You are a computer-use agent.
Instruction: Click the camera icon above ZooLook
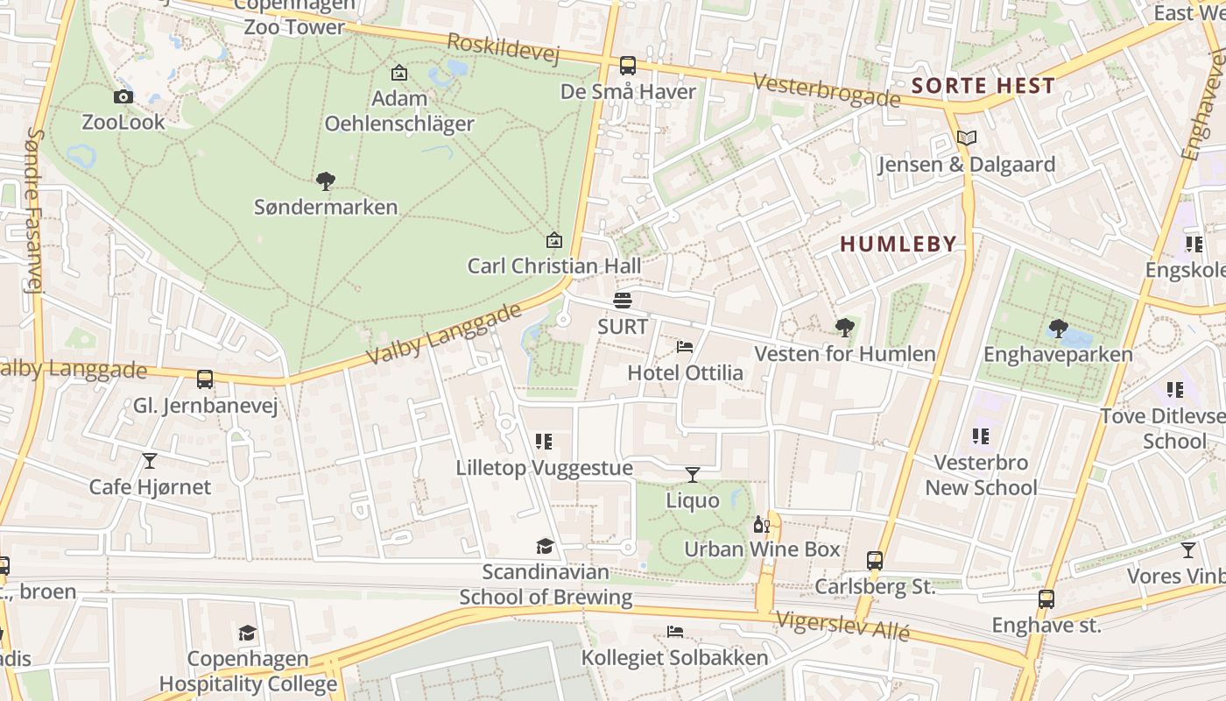pos(123,96)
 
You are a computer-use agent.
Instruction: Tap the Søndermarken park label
pos(326,208)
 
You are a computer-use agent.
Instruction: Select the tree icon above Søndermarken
pos(326,181)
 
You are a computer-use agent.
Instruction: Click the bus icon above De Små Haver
pos(628,66)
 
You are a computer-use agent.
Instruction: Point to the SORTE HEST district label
pos(983,86)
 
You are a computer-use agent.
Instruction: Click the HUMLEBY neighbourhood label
pos(898,244)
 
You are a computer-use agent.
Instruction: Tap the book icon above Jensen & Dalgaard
pos(967,138)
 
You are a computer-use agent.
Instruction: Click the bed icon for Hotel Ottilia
pos(685,347)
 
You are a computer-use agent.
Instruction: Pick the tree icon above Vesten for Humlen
pos(845,328)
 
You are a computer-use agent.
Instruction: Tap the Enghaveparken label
pos(1058,355)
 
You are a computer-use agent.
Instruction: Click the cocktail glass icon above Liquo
pos(693,475)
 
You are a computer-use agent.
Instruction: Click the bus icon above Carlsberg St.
pos(875,561)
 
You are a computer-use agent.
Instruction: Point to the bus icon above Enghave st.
pos(1046,599)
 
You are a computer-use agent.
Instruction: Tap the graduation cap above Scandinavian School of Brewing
pos(546,547)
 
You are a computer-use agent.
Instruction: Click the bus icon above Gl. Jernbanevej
pos(205,379)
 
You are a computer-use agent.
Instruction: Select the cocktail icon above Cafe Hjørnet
pos(150,461)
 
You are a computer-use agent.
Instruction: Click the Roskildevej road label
pos(503,48)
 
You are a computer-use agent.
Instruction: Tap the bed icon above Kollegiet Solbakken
pos(674,632)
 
